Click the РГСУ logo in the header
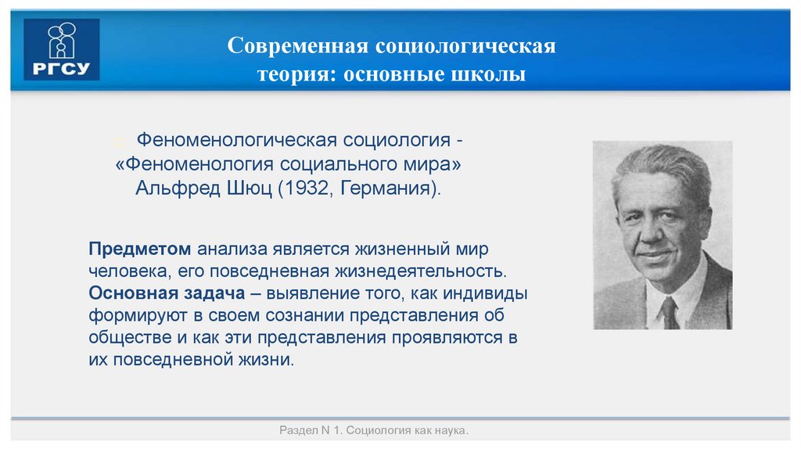[62, 49]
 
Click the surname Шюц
[246, 189]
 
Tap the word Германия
[386, 189]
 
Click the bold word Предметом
[139, 248]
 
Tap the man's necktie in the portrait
[670, 313]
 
